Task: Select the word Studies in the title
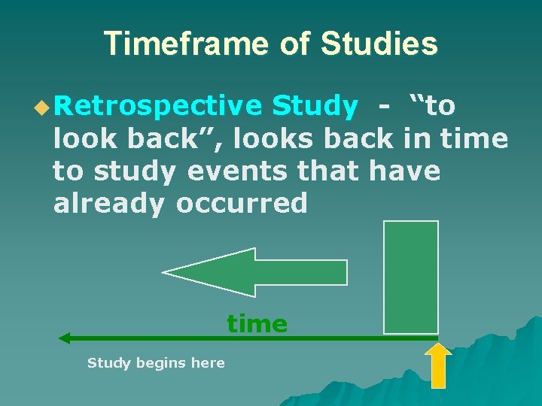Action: point(379,44)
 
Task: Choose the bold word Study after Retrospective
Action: point(315,107)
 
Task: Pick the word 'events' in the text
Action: point(236,171)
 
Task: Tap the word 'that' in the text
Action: point(328,171)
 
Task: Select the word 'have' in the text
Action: point(406,171)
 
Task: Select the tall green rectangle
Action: point(410,277)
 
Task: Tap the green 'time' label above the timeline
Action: point(257,324)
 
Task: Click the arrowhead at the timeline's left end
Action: point(65,338)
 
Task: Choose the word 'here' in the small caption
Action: point(208,363)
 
